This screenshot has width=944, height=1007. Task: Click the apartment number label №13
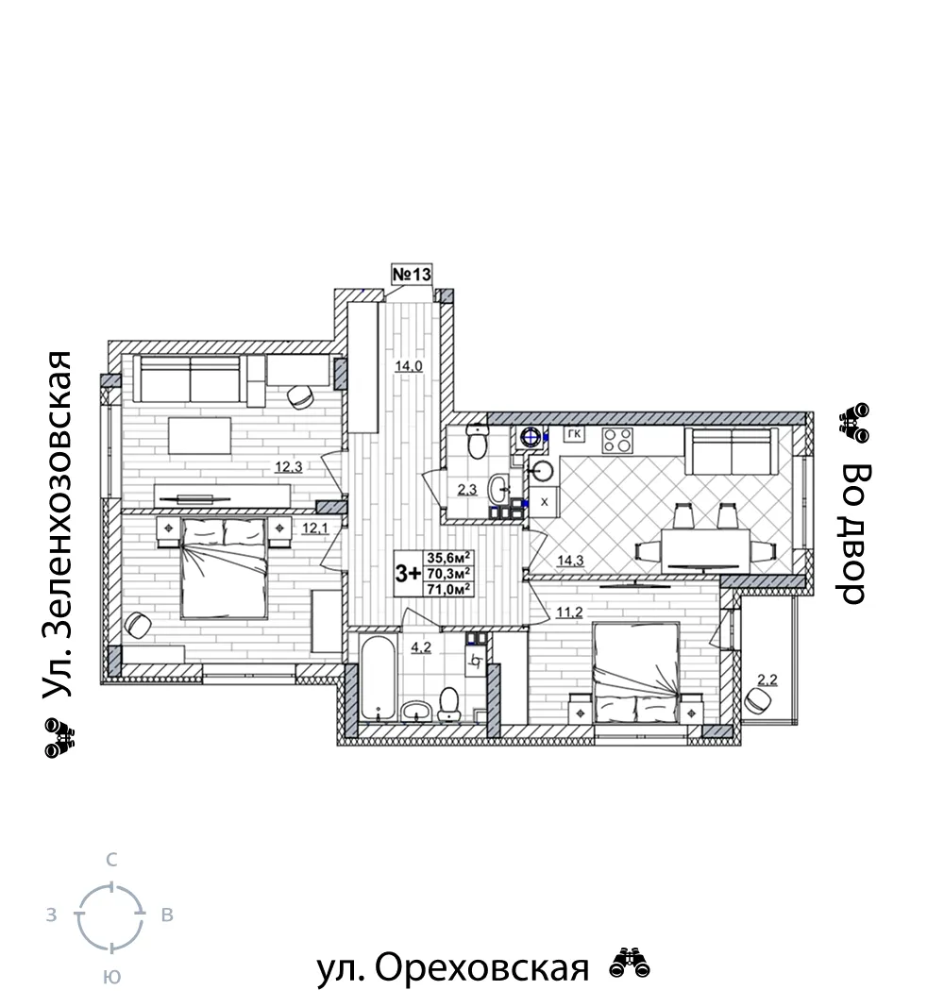point(412,275)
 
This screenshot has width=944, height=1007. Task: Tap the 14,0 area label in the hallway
point(409,366)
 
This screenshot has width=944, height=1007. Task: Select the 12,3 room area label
point(288,467)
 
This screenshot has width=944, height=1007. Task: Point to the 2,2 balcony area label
point(767,680)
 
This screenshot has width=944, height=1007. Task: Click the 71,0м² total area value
point(449,588)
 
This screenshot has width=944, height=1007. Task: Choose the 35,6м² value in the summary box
point(449,557)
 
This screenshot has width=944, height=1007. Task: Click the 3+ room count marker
point(408,573)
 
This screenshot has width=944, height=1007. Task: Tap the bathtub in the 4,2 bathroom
point(379,678)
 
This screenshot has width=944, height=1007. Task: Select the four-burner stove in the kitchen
point(617,441)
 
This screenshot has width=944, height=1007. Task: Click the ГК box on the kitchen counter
point(574,434)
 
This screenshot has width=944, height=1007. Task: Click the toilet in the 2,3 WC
point(477,442)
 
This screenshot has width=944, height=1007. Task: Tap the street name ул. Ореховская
point(453,967)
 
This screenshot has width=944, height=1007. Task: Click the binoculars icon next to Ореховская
point(630,964)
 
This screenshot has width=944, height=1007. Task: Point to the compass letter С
point(111,860)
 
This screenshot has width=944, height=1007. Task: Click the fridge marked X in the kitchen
point(544,501)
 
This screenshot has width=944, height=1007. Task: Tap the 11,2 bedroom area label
point(569,613)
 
